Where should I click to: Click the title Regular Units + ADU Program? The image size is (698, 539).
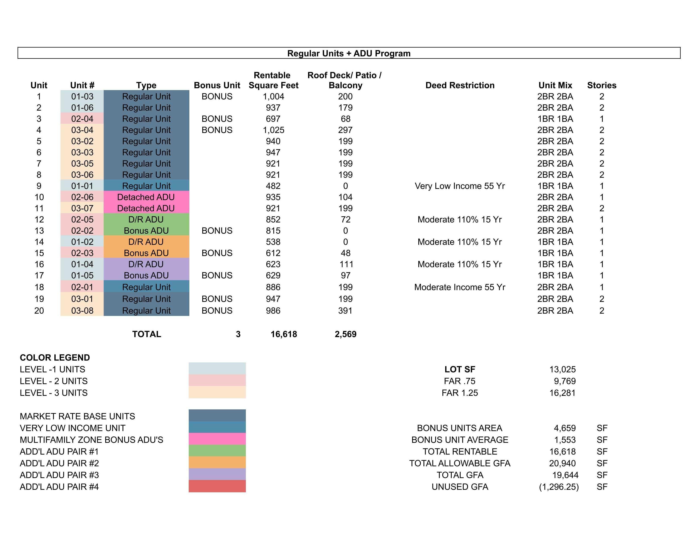point(349,53)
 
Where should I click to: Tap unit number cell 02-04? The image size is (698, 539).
point(82,119)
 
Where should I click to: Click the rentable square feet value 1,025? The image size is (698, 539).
point(273,130)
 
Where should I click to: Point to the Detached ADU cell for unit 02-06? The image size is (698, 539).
point(146,197)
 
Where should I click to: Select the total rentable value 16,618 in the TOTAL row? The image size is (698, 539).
point(284,334)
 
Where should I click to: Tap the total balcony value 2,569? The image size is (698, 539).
point(346,334)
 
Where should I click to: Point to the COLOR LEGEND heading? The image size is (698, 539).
point(55,358)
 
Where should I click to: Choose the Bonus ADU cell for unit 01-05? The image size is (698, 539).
point(146,275)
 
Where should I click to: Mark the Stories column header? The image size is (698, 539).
point(602,85)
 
